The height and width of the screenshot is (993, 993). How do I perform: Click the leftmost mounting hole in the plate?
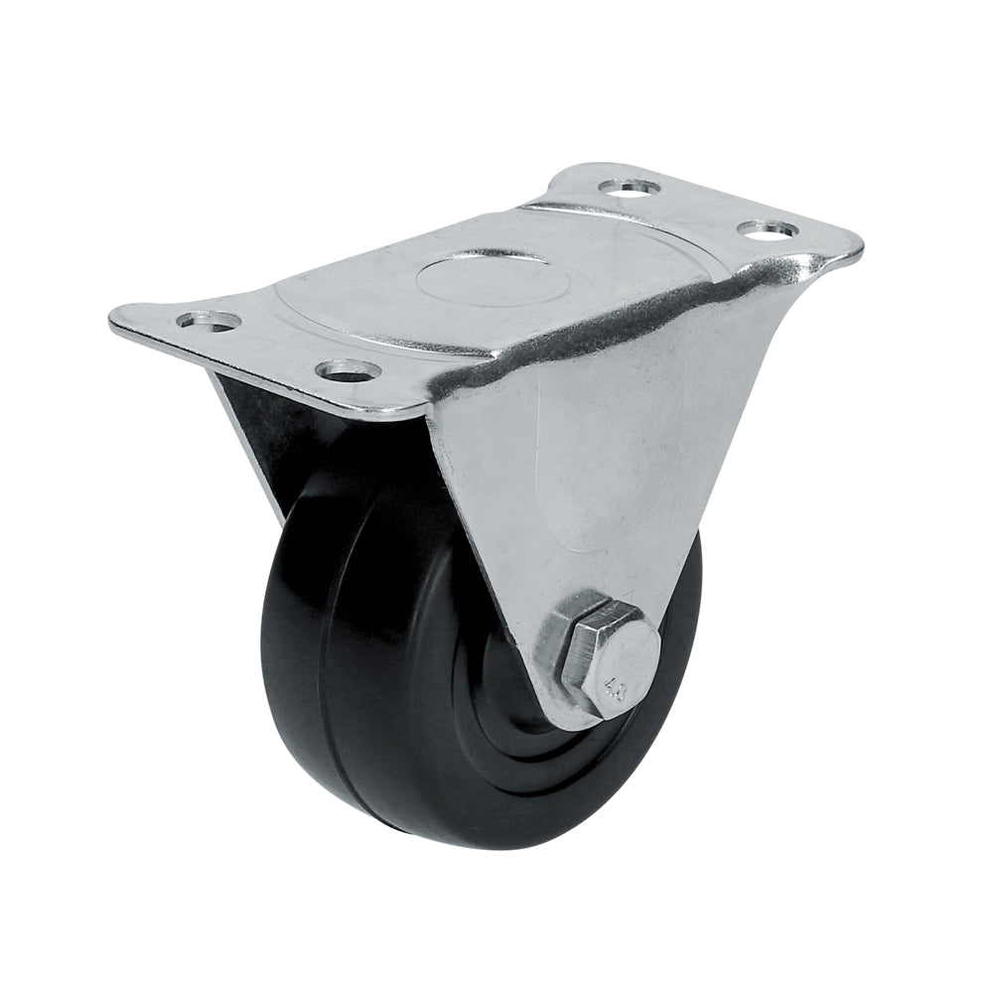point(210,321)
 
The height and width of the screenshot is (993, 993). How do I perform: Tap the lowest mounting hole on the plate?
point(349,371)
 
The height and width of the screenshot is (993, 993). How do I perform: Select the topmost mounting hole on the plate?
point(633,186)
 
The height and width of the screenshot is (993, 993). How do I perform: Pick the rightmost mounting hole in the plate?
point(768,229)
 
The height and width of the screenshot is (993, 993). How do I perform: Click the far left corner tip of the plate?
point(114,320)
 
